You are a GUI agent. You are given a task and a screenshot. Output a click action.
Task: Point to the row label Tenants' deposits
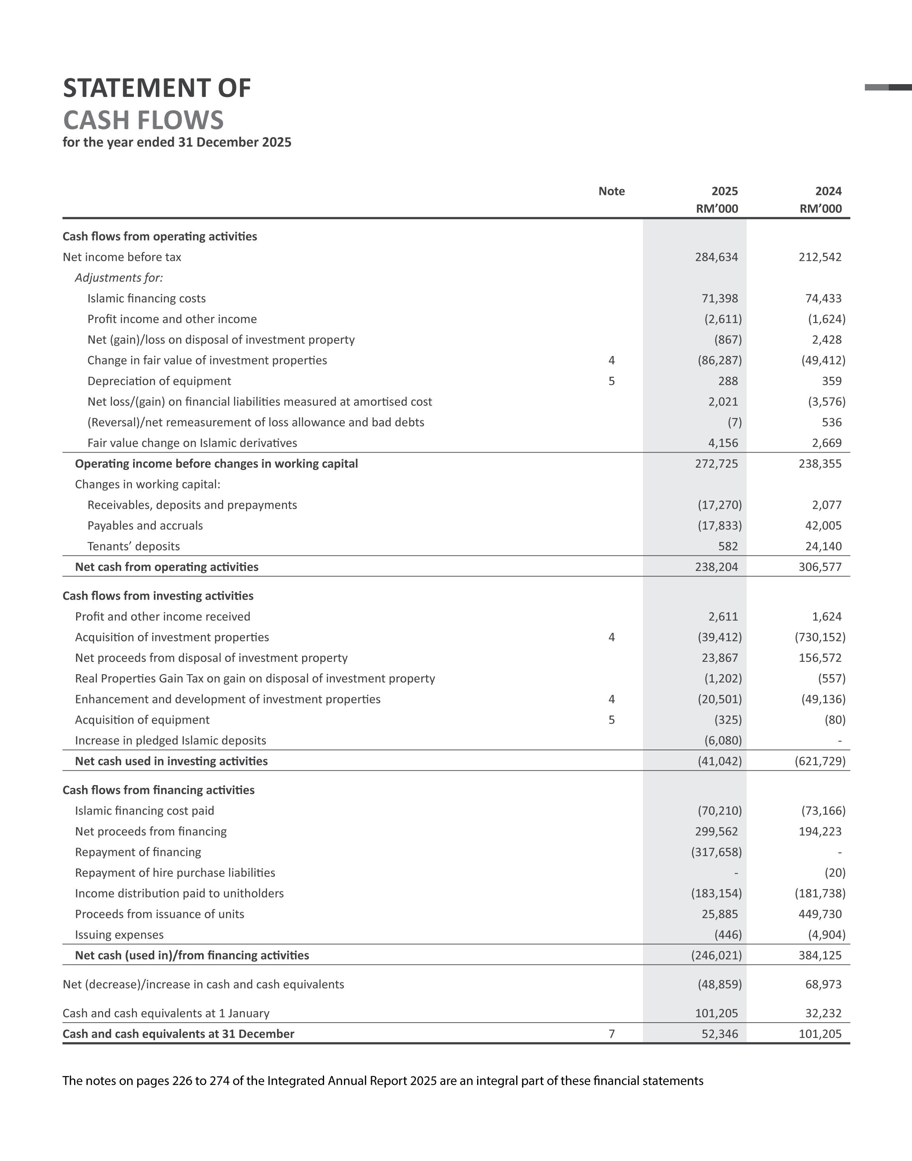[x=134, y=546]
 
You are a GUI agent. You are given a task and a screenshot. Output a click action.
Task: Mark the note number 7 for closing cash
[x=611, y=1034]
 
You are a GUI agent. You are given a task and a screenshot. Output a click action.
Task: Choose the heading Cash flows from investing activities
[x=158, y=596]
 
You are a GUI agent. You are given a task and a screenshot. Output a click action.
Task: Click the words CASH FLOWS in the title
[x=143, y=120]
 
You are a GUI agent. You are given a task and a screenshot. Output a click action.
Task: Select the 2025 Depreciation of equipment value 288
[x=728, y=381]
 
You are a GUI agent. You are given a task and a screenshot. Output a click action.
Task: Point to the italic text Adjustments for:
[x=118, y=278]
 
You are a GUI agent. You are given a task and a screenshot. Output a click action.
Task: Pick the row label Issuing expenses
[x=119, y=935]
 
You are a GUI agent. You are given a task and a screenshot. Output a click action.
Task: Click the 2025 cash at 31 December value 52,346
[x=720, y=1034]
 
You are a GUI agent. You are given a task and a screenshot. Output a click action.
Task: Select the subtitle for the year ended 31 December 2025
[x=177, y=142]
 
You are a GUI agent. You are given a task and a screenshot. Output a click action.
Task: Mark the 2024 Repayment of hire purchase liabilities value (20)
[x=835, y=873]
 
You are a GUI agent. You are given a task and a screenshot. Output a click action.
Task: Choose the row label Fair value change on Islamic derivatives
[x=192, y=443]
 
